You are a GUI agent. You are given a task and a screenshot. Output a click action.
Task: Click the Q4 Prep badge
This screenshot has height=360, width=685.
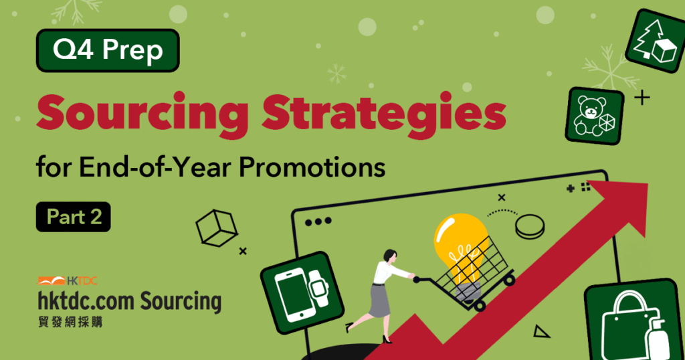point(108,50)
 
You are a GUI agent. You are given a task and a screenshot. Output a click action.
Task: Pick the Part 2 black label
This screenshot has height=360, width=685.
point(74,217)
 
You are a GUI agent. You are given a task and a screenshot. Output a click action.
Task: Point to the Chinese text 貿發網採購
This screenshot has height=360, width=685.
point(70,322)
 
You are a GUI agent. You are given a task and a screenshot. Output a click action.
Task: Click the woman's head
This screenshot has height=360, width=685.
point(390,256)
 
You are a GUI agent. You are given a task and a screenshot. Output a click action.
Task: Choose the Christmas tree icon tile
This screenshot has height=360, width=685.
point(656,41)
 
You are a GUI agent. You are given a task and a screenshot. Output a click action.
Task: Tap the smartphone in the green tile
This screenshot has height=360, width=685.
point(294,295)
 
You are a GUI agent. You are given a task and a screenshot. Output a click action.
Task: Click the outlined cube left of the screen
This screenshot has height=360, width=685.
point(216,228)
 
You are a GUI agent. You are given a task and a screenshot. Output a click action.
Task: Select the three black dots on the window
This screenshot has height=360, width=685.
point(318,221)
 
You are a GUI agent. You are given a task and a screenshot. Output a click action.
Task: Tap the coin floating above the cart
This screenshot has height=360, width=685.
point(530,227)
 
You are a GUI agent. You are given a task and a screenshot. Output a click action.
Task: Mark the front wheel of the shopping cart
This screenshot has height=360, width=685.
point(480,306)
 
